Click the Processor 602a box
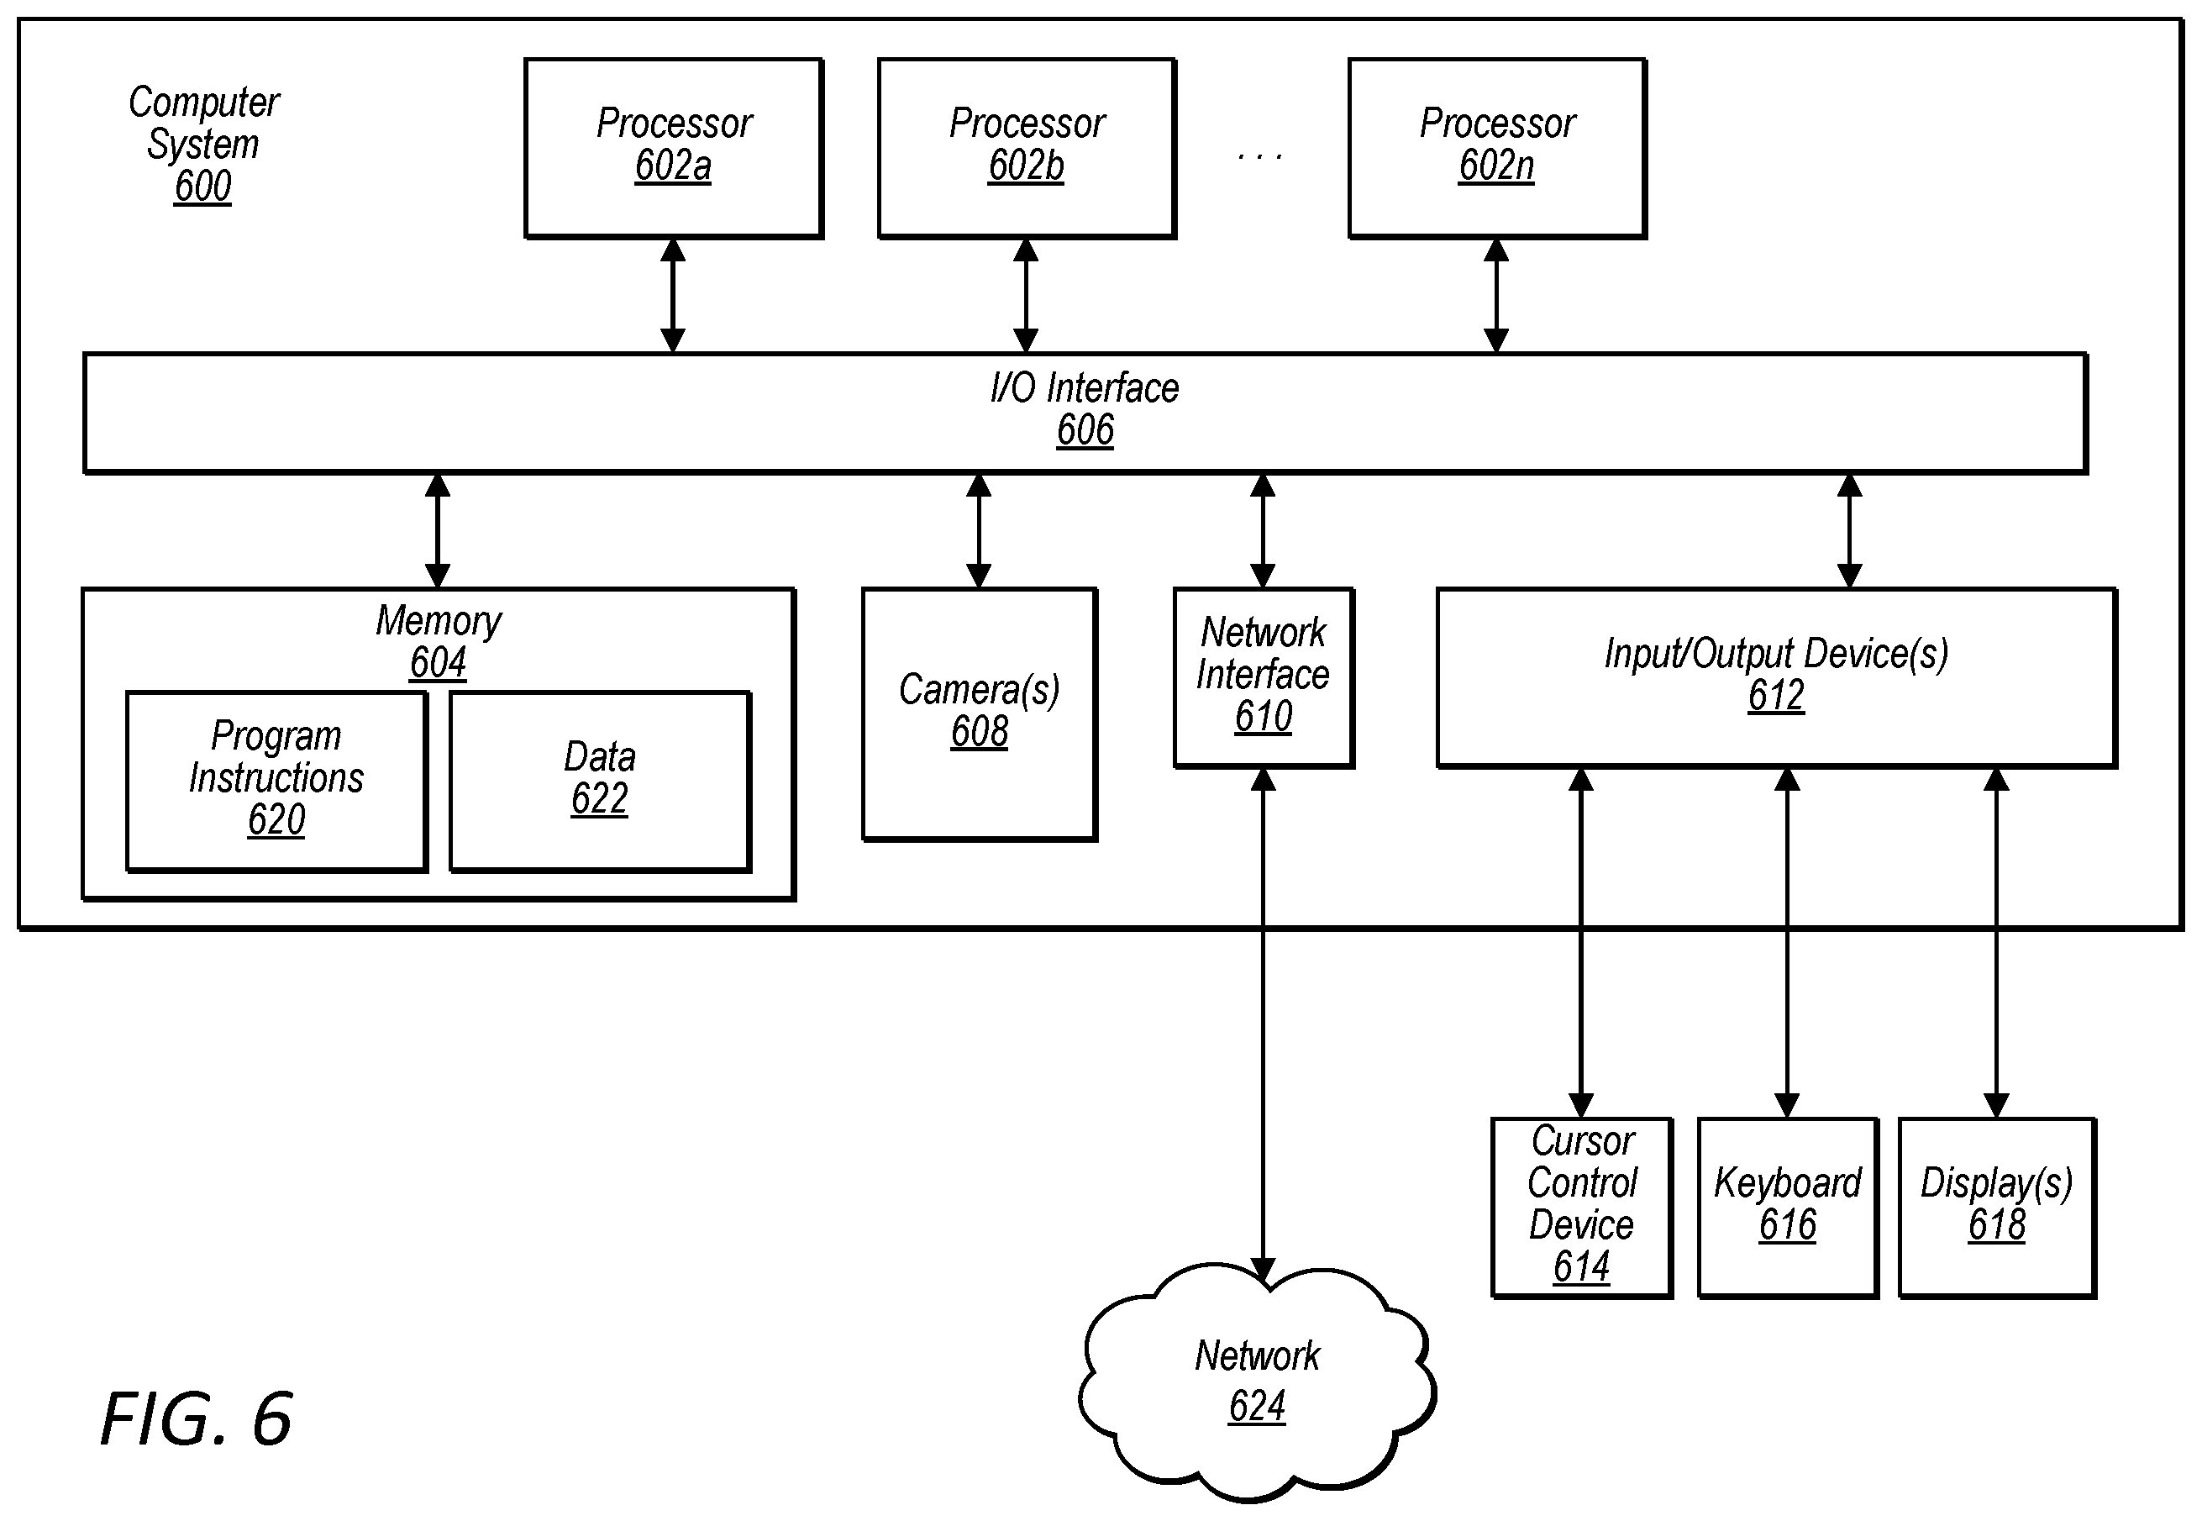pos(674,148)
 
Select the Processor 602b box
pos(1026,148)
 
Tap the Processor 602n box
pos(1497,148)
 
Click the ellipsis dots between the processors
pos(1259,156)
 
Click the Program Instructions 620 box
pos(276,782)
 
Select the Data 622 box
pos(601,782)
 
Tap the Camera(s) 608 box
pos(980,713)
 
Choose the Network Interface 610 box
pos(1264,677)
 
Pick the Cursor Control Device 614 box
pos(1582,1208)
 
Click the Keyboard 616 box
pos(1788,1208)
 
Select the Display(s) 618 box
pos(1997,1208)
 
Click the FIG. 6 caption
pos(197,1419)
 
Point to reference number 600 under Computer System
pos(202,187)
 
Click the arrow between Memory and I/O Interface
pos(438,530)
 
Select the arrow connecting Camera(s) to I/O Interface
pos(979,530)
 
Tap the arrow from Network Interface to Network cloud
pos(1263,1025)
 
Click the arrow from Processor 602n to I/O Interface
pos(1496,296)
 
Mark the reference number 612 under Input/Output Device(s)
pos(1776,696)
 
